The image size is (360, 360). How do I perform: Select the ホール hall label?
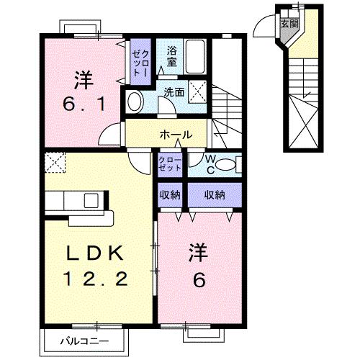coord(176,135)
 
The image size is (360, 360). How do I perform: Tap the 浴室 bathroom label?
coord(171,57)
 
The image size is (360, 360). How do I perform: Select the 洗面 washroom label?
coord(173,92)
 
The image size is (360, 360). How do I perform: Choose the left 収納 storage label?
coord(171,194)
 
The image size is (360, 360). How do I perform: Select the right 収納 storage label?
coord(215,194)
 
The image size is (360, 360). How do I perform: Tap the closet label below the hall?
coord(171,163)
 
